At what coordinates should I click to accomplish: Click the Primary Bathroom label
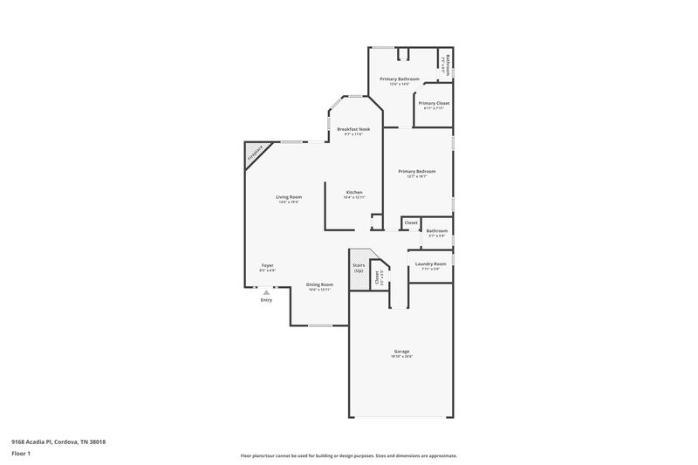pyautogui.click(x=394, y=79)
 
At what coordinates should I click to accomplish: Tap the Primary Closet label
pyautogui.click(x=434, y=103)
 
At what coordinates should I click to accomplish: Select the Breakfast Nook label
pyautogui.click(x=353, y=129)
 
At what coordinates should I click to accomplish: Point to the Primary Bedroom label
pyautogui.click(x=416, y=171)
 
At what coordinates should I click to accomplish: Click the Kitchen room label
pyautogui.click(x=353, y=192)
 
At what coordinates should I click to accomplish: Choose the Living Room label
pyautogui.click(x=290, y=197)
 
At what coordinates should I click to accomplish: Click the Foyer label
pyautogui.click(x=268, y=265)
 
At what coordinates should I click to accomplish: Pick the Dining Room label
pyautogui.click(x=319, y=284)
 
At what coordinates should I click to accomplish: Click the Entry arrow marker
pyautogui.click(x=266, y=293)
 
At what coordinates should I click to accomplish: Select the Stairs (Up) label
pyautogui.click(x=359, y=267)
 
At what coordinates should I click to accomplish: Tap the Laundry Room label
pyautogui.click(x=430, y=263)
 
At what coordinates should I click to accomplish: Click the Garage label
pyautogui.click(x=401, y=351)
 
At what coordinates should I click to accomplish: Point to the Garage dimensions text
pyautogui.click(x=401, y=356)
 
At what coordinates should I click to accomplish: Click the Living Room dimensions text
pyautogui.click(x=290, y=202)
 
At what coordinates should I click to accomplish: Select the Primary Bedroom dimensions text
pyautogui.click(x=416, y=176)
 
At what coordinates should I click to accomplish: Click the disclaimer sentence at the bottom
pyautogui.click(x=348, y=455)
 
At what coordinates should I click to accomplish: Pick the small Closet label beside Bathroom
pyautogui.click(x=410, y=222)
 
